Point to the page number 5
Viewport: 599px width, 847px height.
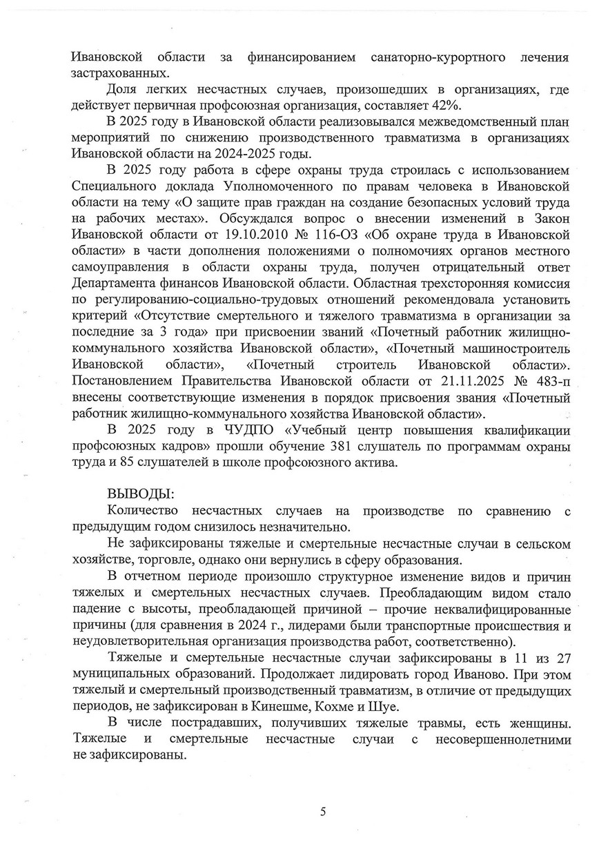click(x=323, y=811)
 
